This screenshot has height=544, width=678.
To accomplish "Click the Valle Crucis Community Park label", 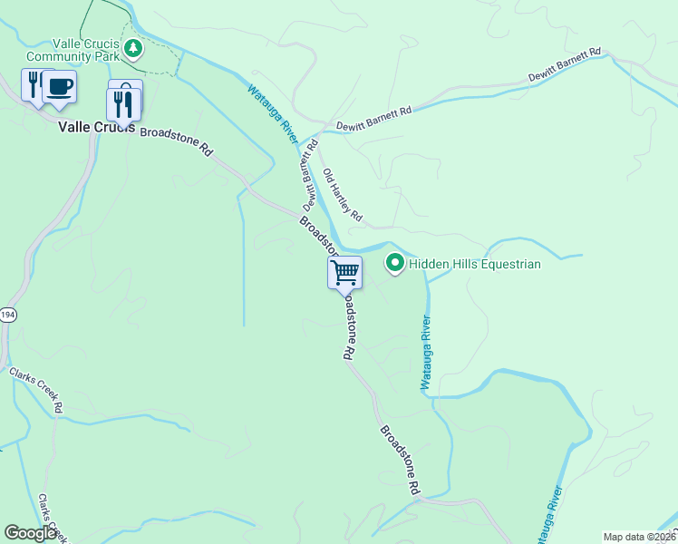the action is coord(86,49).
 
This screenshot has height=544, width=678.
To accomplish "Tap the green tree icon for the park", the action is coord(134,47).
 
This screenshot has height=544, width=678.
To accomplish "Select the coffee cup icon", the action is coord(60,87).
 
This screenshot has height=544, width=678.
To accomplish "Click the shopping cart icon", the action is coord(344,271).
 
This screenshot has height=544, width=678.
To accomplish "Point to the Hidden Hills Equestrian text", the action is coord(474,265).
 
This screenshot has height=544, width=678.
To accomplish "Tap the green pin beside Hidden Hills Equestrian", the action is coord(395,264).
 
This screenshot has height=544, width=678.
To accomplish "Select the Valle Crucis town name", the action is coord(96,128).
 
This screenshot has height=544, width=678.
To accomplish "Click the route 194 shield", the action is coord(7,315).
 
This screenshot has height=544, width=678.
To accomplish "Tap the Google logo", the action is coord(30,533).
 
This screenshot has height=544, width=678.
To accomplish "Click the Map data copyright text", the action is coord(639,537).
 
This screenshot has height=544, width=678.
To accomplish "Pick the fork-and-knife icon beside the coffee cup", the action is coord(34,86).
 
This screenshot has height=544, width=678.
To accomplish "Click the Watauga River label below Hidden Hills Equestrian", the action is coord(424,353).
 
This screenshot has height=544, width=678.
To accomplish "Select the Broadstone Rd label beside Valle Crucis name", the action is coord(176,139).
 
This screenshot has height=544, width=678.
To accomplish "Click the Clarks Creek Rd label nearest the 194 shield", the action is coord(35,389).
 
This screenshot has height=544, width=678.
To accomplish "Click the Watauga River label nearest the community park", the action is coord(273,113).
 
